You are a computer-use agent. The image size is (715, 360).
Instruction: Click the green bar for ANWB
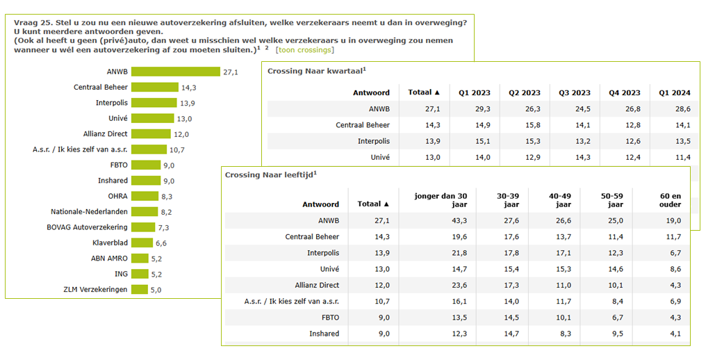(175, 72)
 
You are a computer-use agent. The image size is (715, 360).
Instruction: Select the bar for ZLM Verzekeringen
(139, 289)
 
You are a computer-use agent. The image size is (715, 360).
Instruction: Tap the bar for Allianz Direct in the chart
(151, 134)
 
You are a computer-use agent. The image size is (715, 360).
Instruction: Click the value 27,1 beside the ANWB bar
(231, 72)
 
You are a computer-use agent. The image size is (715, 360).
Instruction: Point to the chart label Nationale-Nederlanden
(89, 212)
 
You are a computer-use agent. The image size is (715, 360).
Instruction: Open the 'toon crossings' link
(304, 49)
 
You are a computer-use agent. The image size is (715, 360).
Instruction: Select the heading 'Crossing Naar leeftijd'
(268, 174)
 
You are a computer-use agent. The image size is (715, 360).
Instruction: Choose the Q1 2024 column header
(674, 92)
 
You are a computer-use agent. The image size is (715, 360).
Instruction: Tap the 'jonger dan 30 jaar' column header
(441, 200)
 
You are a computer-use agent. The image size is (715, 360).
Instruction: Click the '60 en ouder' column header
(665, 200)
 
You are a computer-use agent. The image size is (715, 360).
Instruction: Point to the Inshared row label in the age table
(324, 334)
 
